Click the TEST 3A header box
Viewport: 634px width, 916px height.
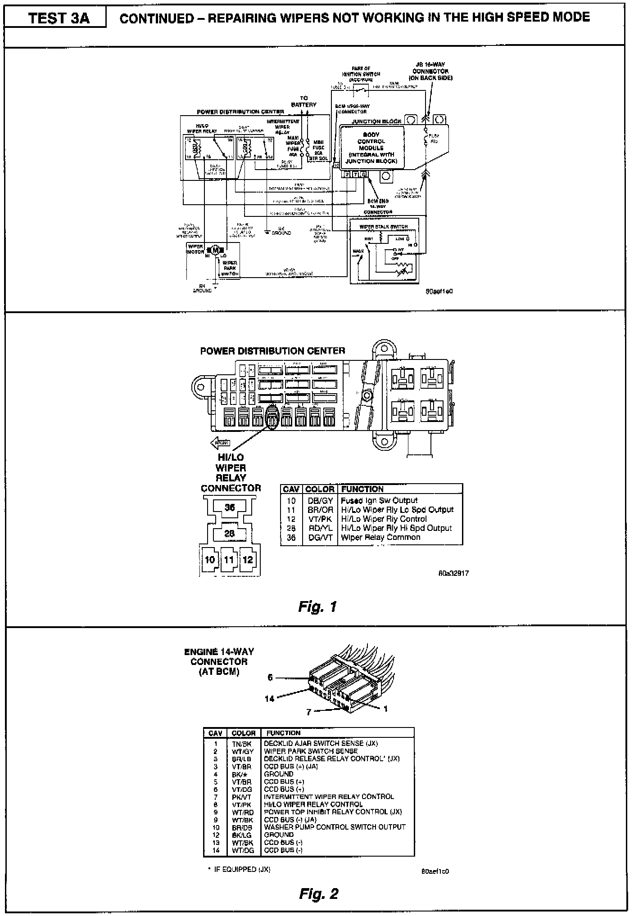(x=55, y=18)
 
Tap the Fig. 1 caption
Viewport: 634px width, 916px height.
(x=317, y=607)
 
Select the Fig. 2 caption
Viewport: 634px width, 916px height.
(x=318, y=893)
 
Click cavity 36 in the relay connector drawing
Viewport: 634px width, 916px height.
(x=230, y=507)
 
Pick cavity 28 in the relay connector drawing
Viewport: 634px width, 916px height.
(x=230, y=534)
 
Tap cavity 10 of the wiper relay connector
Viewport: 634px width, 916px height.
(x=210, y=560)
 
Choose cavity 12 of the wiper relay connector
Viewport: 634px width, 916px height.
(x=248, y=560)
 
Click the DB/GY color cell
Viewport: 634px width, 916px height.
(x=320, y=501)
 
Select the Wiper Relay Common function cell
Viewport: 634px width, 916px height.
(x=380, y=538)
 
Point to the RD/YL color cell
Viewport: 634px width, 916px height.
(x=320, y=528)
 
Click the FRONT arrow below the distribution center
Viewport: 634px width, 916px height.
(x=221, y=443)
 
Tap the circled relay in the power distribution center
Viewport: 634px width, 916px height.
(x=272, y=417)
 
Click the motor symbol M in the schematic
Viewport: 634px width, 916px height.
(x=215, y=250)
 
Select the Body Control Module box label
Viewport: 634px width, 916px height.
(x=371, y=148)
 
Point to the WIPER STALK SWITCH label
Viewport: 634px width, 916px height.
(x=384, y=227)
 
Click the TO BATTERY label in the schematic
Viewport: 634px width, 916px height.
(x=304, y=101)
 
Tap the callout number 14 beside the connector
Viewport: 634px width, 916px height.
(x=269, y=699)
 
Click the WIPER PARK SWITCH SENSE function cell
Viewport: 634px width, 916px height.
(x=311, y=751)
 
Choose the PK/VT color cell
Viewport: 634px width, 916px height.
(x=242, y=797)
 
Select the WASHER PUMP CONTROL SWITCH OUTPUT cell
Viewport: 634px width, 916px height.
(x=335, y=827)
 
